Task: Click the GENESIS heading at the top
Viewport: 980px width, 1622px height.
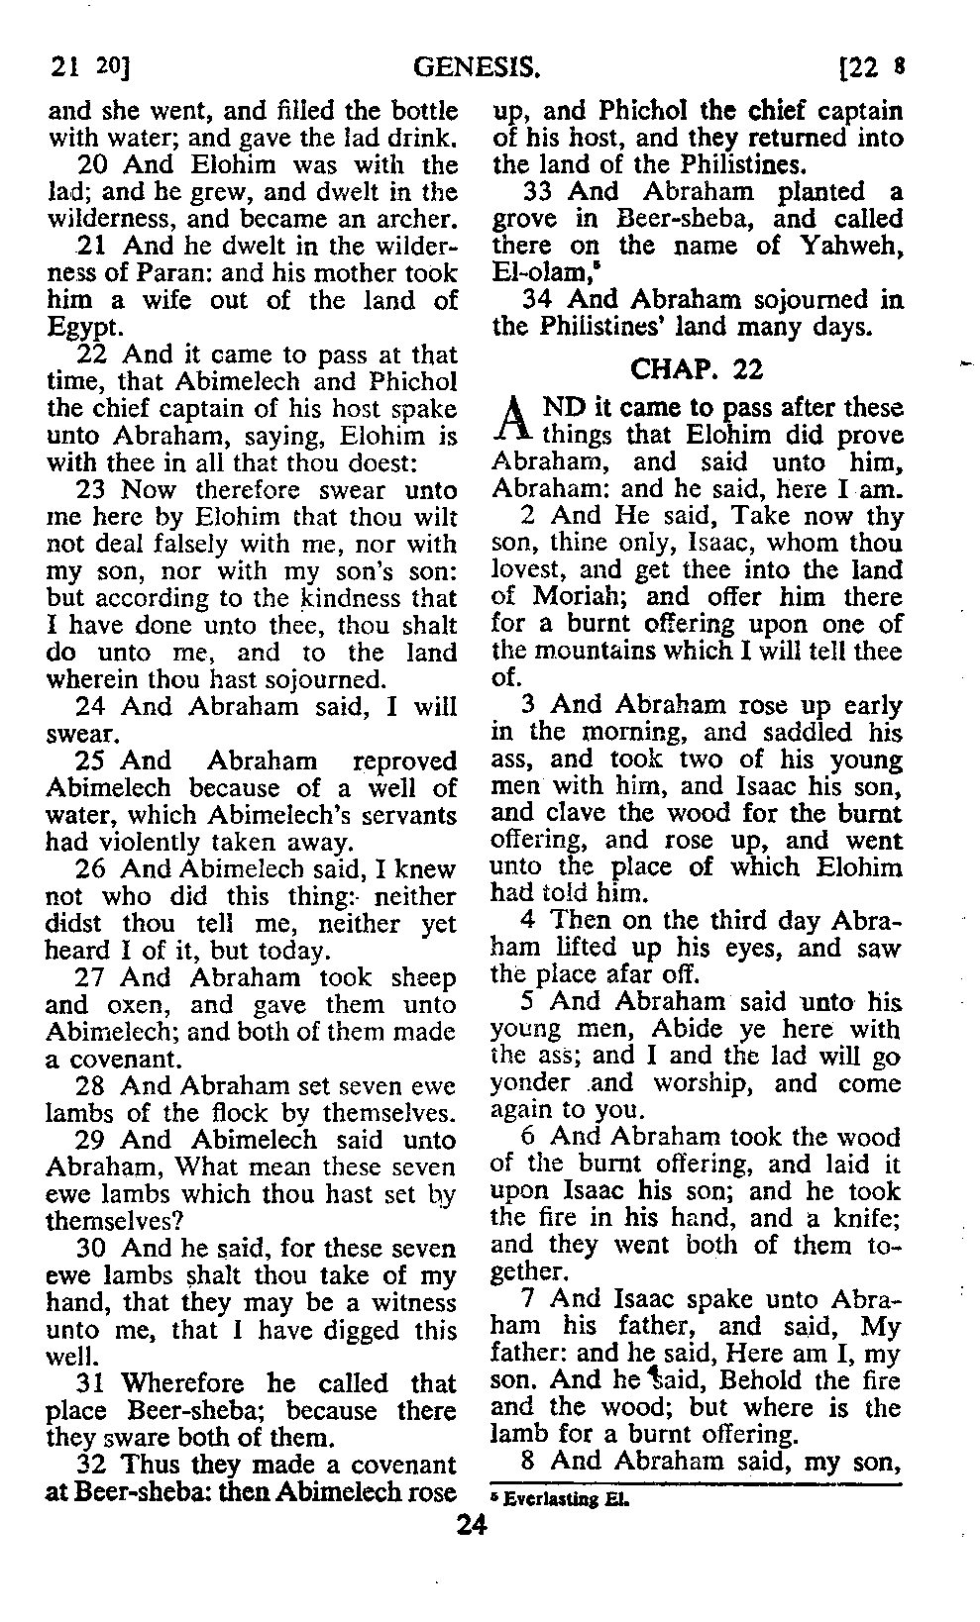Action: (x=476, y=68)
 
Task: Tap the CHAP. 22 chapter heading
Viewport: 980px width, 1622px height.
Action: (x=697, y=369)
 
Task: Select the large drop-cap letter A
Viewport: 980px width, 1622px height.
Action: (x=511, y=420)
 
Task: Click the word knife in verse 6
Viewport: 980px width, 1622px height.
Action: (x=866, y=1218)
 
